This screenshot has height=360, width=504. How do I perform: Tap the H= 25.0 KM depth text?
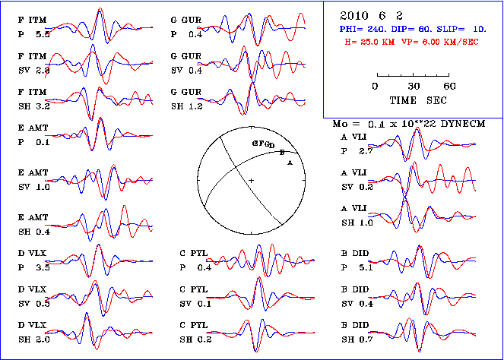point(372,41)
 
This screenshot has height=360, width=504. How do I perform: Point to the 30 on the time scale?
point(414,86)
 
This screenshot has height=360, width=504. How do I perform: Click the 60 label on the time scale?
point(449,86)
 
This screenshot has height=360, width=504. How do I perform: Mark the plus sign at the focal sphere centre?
point(250,179)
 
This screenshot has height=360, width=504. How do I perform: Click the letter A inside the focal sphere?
point(289,160)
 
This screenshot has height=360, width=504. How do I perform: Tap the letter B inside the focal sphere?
point(282,153)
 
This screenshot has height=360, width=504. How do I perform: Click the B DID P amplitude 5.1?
point(367,267)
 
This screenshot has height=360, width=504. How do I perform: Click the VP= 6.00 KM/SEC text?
point(442,41)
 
